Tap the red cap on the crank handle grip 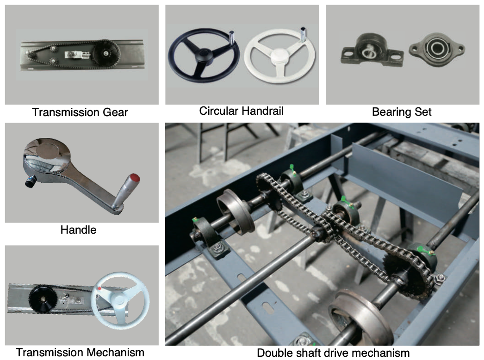(x=135, y=178)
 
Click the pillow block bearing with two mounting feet (x=372, y=50)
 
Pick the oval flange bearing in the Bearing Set (x=437, y=49)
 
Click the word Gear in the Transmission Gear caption (x=115, y=112)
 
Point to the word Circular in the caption (x=219, y=111)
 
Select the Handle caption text (x=78, y=230)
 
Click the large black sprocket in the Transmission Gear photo (x=105, y=53)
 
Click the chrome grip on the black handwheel (x=232, y=37)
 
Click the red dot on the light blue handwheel (x=99, y=289)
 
